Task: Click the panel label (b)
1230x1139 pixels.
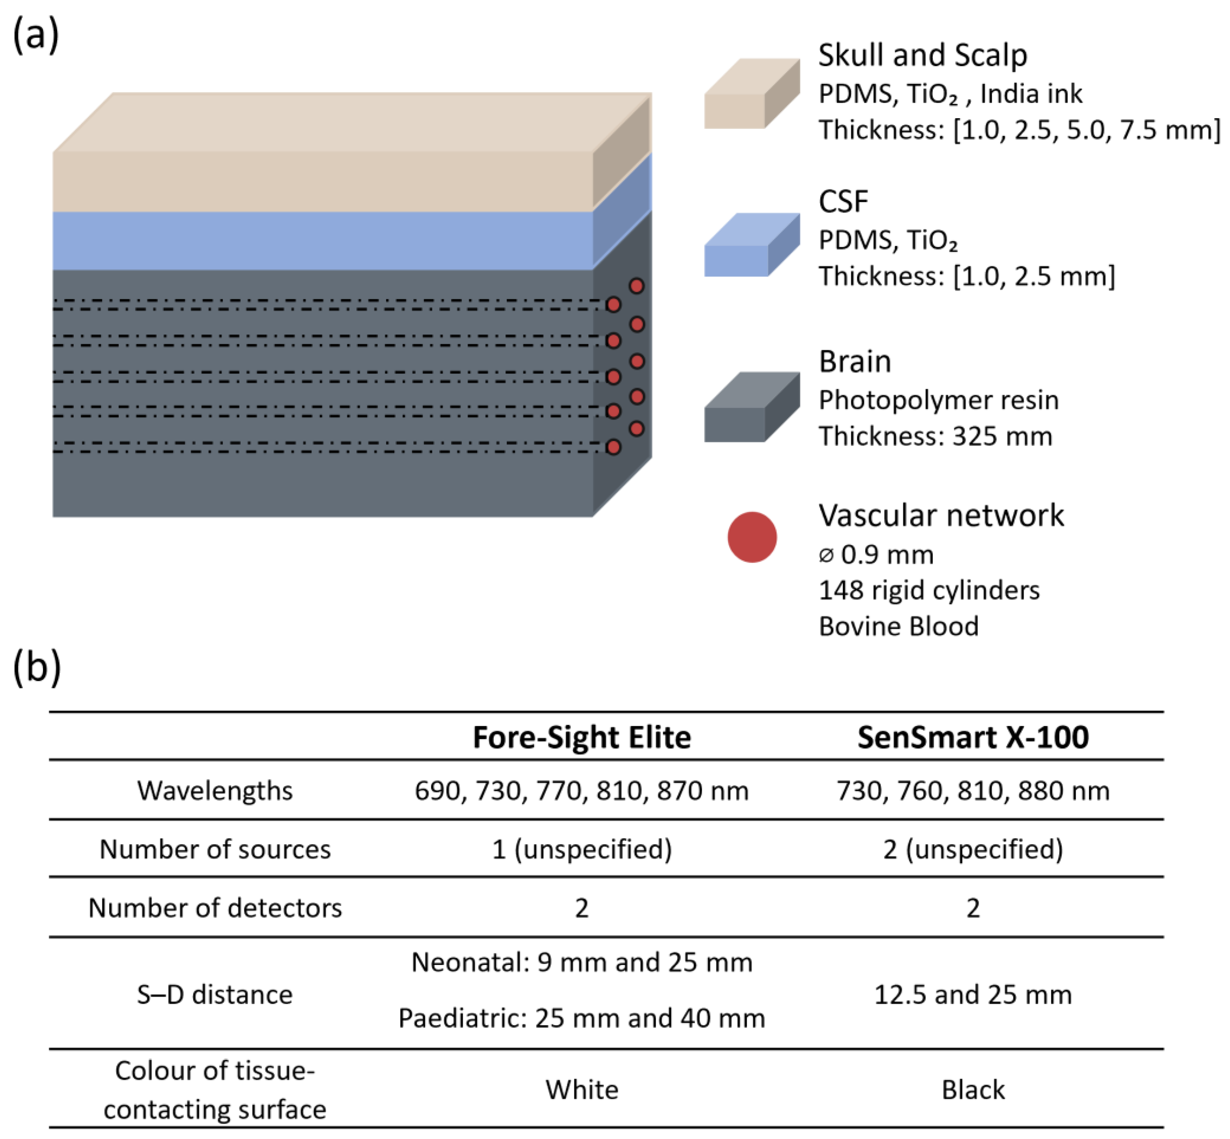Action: click(x=37, y=667)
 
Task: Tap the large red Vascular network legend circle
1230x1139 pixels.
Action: click(x=751, y=537)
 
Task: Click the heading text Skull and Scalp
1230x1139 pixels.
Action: click(x=922, y=56)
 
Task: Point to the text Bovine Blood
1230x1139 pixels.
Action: click(x=898, y=626)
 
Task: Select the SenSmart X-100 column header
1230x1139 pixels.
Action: click(x=972, y=737)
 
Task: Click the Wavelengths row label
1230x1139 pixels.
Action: click(x=214, y=791)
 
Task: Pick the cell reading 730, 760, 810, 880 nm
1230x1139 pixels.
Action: click(x=972, y=791)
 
